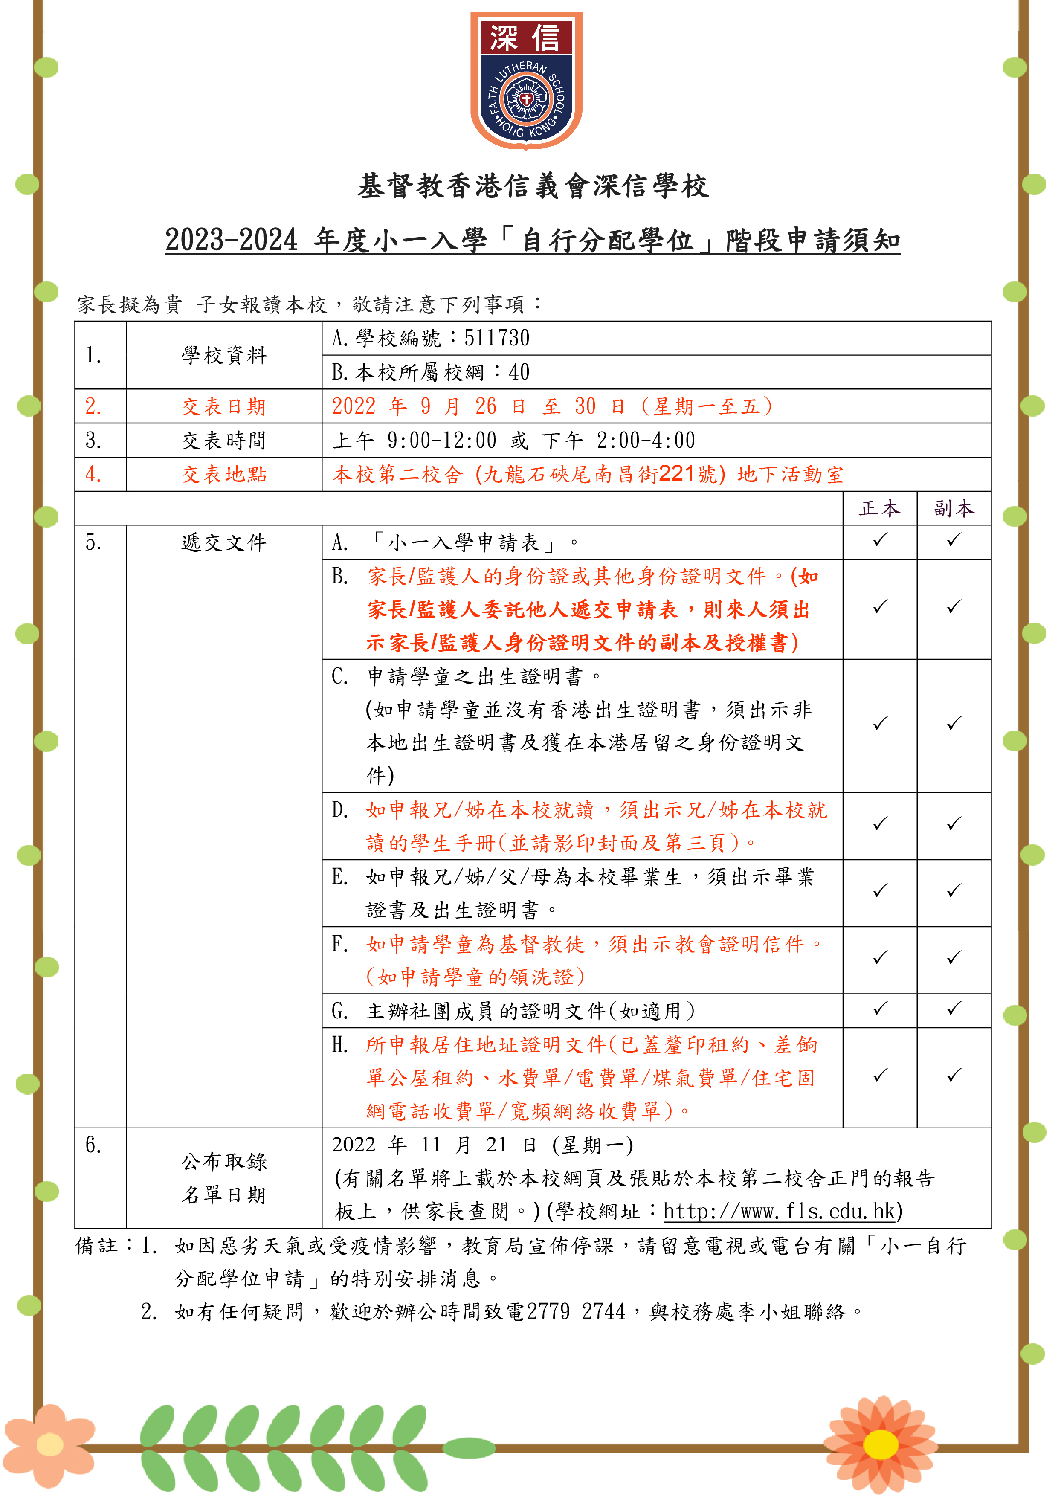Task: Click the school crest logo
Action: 526,81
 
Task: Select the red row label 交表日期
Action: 224,406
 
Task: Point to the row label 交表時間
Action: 224,441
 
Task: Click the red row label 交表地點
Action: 224,474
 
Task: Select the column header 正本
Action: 879,508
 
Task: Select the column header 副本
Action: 954,508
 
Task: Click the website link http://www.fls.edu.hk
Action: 779,1211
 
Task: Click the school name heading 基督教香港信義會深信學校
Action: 533,186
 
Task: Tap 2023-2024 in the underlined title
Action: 231,240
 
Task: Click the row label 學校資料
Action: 224,355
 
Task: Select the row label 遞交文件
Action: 224,542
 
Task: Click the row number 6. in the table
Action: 93,1145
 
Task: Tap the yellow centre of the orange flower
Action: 880,1444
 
